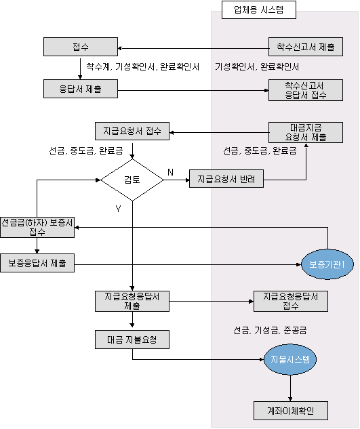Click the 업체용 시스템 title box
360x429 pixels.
click(x=259, y=10)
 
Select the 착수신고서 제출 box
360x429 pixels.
click(x=306, y=47)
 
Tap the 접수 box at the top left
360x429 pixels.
click(x=81, y=47)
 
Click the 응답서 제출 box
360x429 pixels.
click(x=81, y=89)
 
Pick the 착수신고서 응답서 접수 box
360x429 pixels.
click(x=306, y=90)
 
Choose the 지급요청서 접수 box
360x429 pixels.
click(x=132, y=131)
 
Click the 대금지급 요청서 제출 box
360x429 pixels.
click(x=306, y=132)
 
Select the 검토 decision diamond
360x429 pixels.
click(x=132, y=180)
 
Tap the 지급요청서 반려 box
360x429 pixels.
click(x=226, y=179)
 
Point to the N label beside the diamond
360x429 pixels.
click(x=170, y=172)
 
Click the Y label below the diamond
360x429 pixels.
click(x=118, y=209)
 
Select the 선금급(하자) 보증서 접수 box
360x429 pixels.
click(x=37, y=227)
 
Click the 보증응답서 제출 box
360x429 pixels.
click(x=37, y=263)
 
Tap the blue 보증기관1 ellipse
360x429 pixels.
click(x=327, y=264)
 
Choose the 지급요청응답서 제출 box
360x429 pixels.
click(x=132, y=301)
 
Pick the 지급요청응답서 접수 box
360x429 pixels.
click(x=291, y=301)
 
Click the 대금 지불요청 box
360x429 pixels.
click(x=132, y=340)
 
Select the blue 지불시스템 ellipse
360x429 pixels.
click(x=290, y=359)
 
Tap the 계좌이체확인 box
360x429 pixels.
click(x=291, y=411)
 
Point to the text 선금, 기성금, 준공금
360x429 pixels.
click(x=270, y=330)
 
